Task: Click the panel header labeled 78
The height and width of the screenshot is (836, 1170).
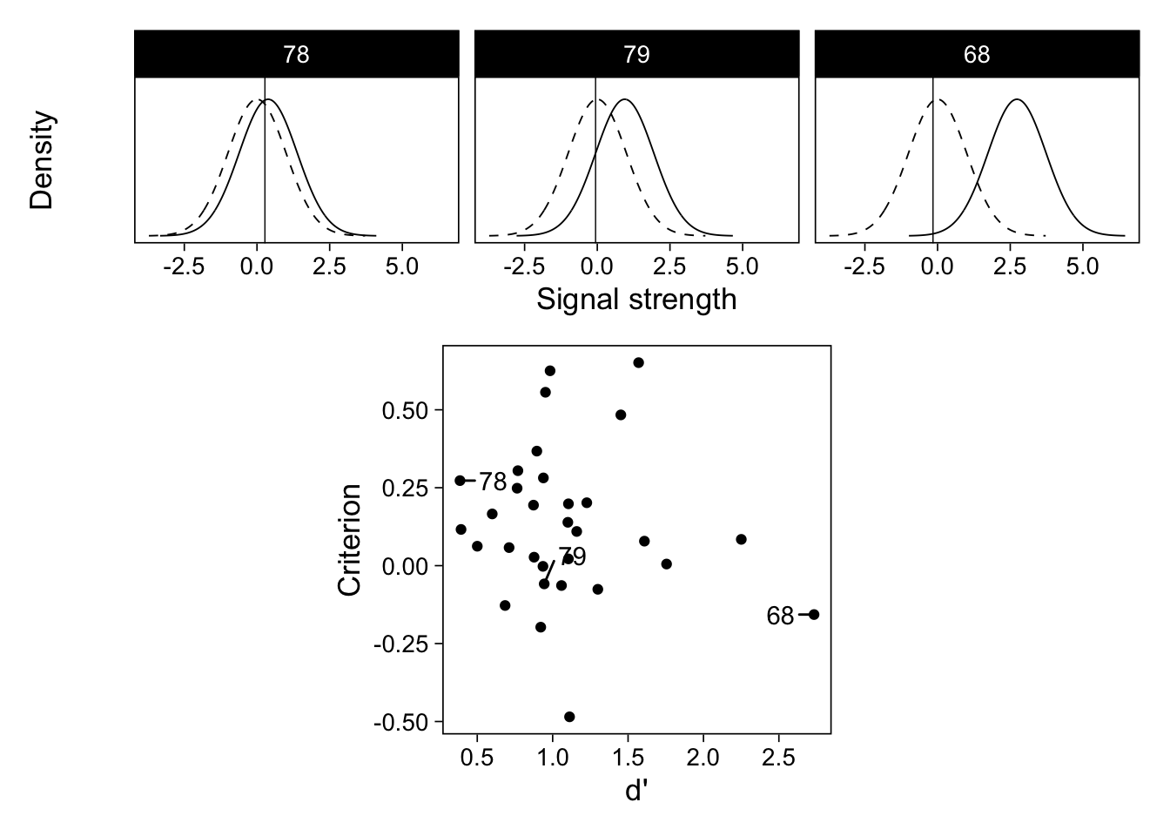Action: (x=296, y=55)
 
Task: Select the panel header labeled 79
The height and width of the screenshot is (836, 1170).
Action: (x=636, y=55)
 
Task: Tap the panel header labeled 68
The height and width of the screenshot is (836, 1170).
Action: (x=977, y=55)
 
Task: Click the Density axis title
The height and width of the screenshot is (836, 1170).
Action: (x=42, y=160)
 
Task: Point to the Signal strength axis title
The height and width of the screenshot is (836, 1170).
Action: (x=636, y=300)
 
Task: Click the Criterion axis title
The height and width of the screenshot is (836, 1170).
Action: (x=349, y=540)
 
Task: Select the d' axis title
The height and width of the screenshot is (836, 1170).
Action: (x=636, y=792)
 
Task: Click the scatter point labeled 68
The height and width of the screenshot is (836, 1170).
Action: (x=814, y=615)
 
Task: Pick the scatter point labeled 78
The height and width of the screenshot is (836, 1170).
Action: (x=460, y=481)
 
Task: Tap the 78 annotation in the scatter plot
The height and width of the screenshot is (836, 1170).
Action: (x=493, y=482)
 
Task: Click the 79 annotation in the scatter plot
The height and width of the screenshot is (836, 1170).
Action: (x=572, y=556)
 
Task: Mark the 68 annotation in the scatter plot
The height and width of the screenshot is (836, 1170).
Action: (x=780, y=617)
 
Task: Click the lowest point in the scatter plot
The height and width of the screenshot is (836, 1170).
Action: (x=569, y=717)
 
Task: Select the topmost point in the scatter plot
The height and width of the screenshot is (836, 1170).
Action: (x=638, y=362)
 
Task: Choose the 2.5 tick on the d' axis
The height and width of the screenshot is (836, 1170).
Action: (x=778, y=758)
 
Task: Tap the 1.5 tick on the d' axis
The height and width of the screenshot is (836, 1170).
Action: (x=628, y=758)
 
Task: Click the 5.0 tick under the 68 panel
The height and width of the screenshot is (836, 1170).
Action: (x=1082, y=266)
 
